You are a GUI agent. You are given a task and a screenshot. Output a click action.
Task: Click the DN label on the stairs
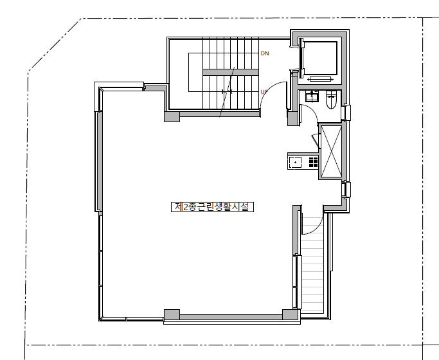(x=265, y=53)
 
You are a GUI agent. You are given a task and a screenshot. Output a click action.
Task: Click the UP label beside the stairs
(x=264, y=92)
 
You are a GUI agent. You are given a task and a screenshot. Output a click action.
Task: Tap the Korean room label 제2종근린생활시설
(x=212, y=207)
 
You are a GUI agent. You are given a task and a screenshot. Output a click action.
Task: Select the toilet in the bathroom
(x=331, y=100)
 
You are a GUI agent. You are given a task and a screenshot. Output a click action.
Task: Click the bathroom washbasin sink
(x=311, y=96)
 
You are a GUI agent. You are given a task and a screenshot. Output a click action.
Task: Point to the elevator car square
(x=319, y=59)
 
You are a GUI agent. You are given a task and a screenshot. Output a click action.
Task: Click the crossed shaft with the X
(x=331, y=151)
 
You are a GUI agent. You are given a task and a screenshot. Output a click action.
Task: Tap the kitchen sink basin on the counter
(x=296, y=163)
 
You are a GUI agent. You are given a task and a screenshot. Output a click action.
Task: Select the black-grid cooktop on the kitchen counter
(x=313, y=163)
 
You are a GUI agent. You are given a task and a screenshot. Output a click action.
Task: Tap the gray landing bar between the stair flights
(x=230, y=73)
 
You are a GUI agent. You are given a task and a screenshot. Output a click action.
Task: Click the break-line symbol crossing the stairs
(x=227, y=91)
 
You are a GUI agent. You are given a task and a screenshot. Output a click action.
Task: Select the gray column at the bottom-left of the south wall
(x=172, y=314)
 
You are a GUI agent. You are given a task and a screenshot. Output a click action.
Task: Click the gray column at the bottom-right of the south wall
(x=290, y=314)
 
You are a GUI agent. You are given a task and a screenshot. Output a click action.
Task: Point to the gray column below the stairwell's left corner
(x=172, y=117)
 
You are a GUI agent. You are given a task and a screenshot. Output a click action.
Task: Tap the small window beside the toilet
(x=346, y=113)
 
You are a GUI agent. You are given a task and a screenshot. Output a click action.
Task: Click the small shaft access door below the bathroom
(x=316, y=140)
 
